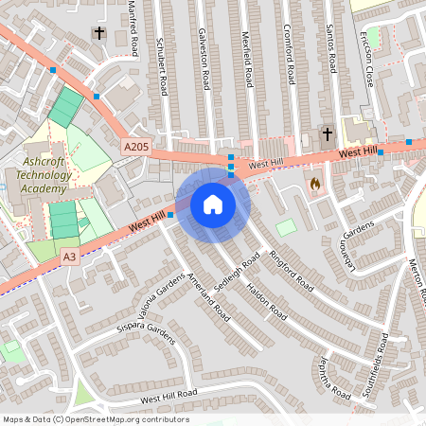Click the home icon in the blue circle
pyautogui.click(x=212, y=204)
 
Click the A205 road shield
pyautogui.click(x=134, y=146)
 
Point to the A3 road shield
pyautogui.click(x=69, y=256)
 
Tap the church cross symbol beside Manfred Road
pyautogui.click(x=98, y=34)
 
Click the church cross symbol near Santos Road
pyautogui.click(x=328, y=134)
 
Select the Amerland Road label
pyautogui.click(x=208, y=293)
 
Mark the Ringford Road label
pyautogui.click(x=291, y=270)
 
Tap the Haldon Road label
pyautogui.click(x=268, y=299)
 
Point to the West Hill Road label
pyautogui.click(x=168, y=395)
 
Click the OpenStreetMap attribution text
pyautogui.click(x=95, y=419)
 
